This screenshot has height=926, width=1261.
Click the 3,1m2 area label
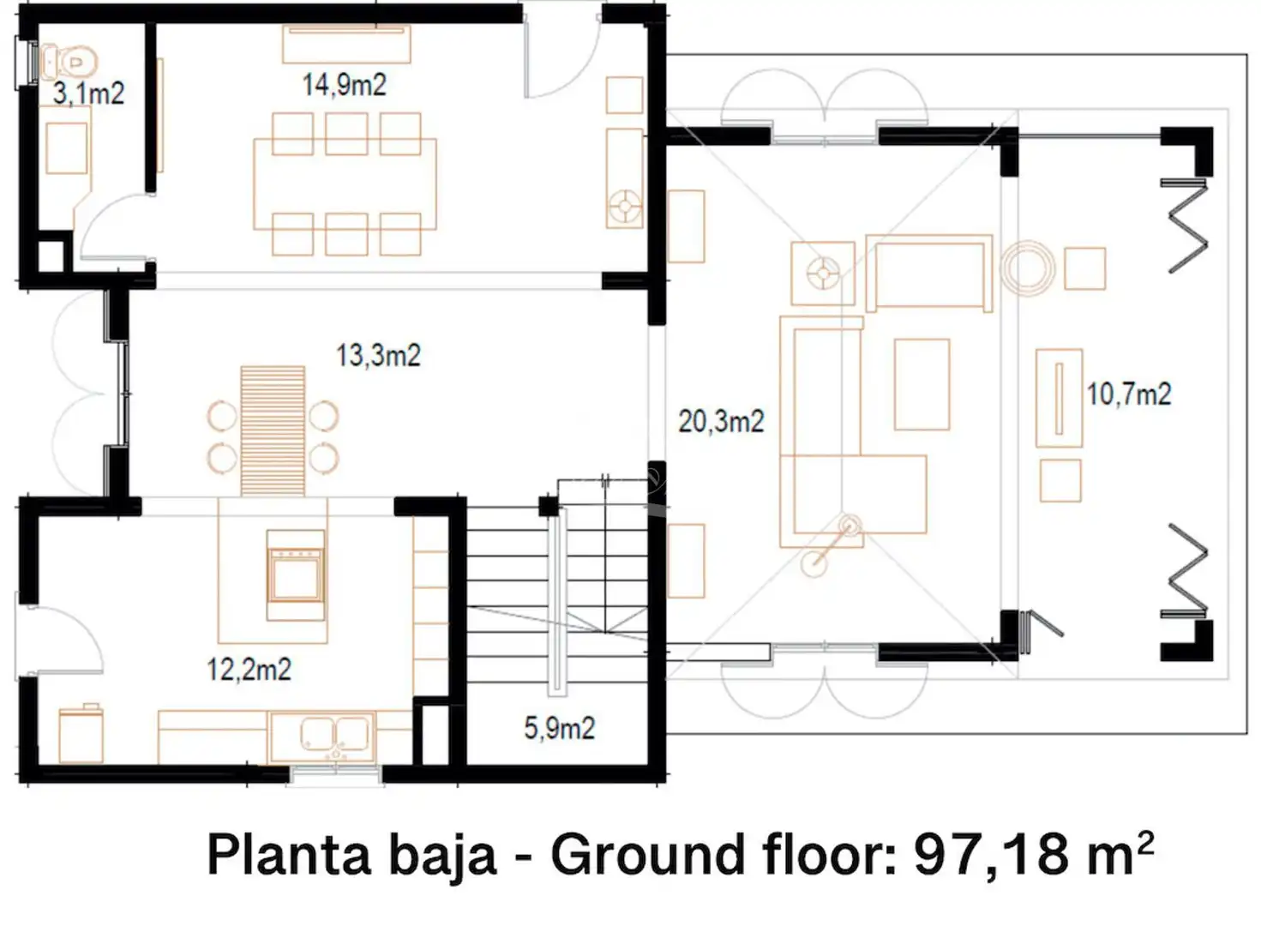[88, 93]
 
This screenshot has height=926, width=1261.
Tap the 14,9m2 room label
[344, 85]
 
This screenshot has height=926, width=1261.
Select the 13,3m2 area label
[378, 355]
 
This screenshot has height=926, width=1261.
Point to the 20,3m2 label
[721, 421]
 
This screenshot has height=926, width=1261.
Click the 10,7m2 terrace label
[1129, 394]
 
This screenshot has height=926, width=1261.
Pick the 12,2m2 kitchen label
[249, 670]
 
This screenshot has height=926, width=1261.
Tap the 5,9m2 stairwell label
[559, 728]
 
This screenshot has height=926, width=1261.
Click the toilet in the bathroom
[69, 60]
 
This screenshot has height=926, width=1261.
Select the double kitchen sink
[337, 736]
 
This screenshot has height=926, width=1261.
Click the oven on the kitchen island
[296, 574]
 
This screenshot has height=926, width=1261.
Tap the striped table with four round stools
[273, 431]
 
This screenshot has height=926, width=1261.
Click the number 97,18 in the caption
[991, 855]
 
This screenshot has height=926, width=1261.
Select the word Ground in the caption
[648, 855]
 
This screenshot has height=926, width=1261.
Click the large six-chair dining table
[345, 184]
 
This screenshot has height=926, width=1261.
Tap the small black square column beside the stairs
[549, 506]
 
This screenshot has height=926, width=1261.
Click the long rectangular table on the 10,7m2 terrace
[1059, 398]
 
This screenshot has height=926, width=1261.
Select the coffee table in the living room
[922, 384]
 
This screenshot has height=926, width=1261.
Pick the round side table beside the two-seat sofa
[1029, 268]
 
